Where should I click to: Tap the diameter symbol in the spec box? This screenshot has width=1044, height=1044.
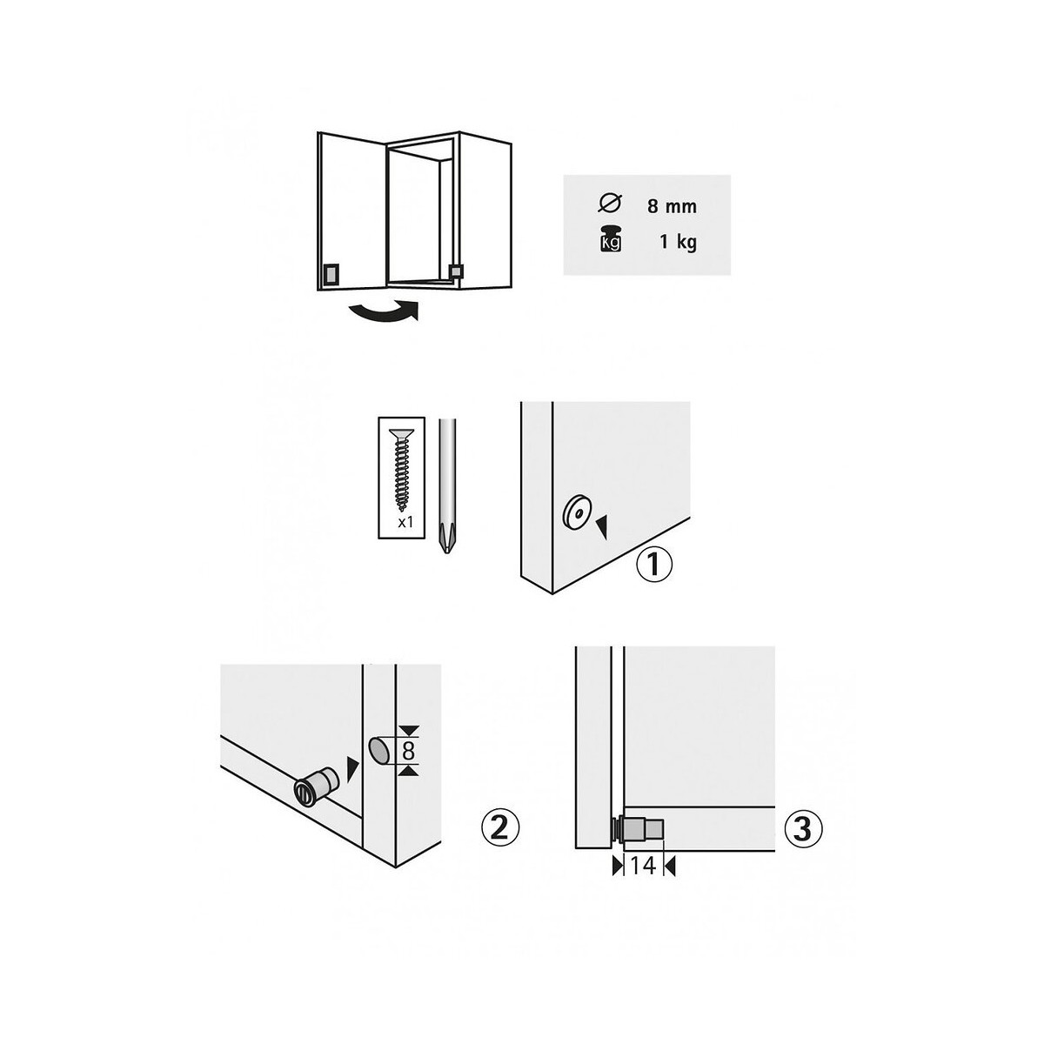[610, 203]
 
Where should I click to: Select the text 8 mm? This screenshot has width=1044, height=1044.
[672, 206]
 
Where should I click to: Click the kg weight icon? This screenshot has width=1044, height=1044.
[610, 239]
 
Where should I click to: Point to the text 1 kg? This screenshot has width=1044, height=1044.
[678, 242]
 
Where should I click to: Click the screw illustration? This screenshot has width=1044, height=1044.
[401, 468]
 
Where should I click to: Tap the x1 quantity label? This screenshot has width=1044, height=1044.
[405, 522]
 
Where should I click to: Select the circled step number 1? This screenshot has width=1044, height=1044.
[653, 564]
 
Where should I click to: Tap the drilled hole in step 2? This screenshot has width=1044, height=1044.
[382, 751]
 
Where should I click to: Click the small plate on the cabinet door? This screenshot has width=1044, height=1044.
[330, 275]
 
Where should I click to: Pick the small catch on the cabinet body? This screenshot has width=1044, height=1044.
[457, 271]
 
